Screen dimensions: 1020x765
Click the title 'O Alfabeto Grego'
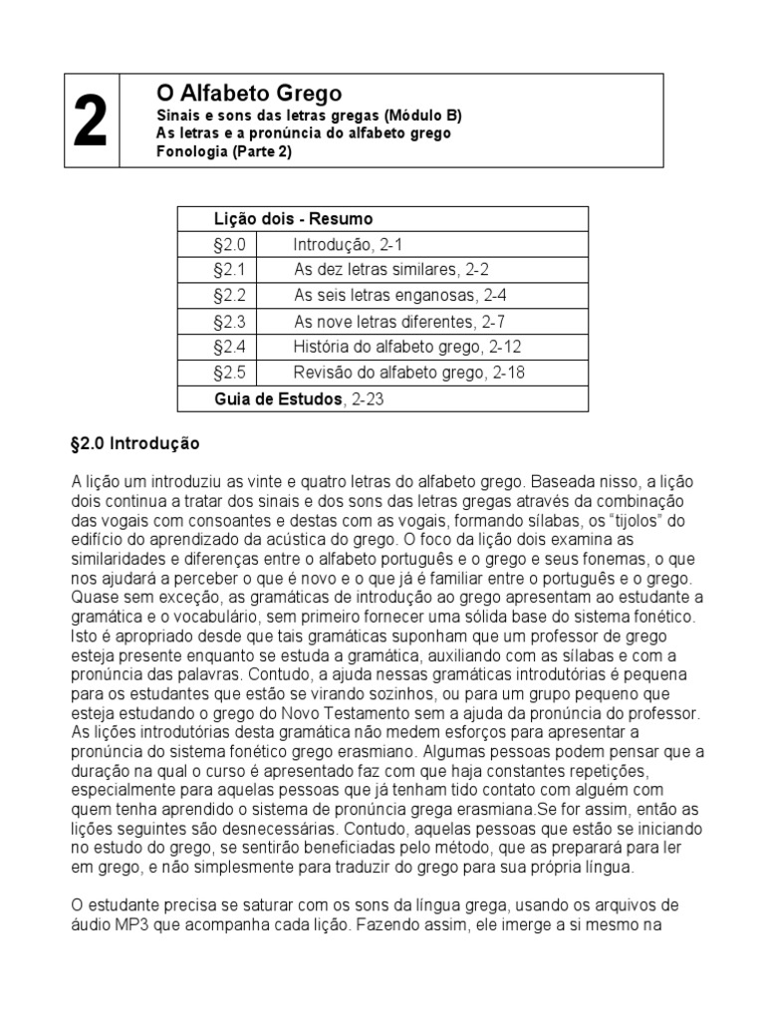point(249,94)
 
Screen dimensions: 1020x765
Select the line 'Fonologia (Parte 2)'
point(224,152)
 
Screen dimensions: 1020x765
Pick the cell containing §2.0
point(229,244)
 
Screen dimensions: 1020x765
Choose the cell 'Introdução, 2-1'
point(348,244)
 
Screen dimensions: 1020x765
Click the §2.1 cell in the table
point(229,270)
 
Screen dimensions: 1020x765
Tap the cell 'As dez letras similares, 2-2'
point(391,270)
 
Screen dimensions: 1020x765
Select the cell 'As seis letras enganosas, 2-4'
point(397,296)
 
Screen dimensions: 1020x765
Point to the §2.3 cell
point(229,322)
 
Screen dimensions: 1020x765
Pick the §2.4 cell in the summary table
point(229,348)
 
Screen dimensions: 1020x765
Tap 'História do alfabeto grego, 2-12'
point(407,348)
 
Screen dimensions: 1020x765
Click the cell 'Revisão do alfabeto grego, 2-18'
point(408,374)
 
